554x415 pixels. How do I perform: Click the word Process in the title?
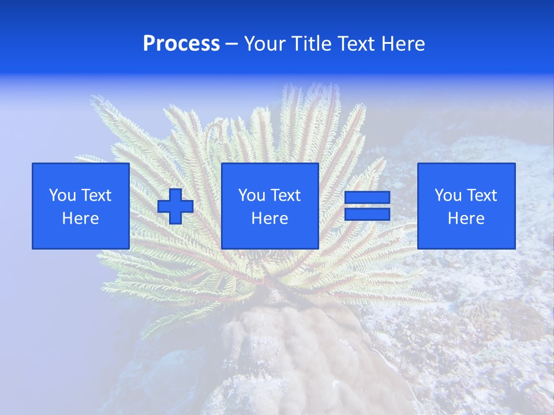(x=181, y=44)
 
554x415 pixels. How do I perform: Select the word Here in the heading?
(x=403, y=44)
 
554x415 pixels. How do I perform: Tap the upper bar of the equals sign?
(x=367, y=198)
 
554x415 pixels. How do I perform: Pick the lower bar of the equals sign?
(x=367, y=214)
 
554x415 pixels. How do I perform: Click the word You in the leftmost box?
(x=63, y=195)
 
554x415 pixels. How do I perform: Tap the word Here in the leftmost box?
(x=80, y=218)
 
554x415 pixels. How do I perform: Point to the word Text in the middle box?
(x=286, y=195)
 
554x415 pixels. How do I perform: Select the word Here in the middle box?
(x=269, y=218)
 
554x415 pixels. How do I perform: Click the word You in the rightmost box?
(x=448, y=195)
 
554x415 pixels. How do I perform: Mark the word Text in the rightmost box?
(x=482, y=195)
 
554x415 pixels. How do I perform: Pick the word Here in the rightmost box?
(x=466, y=218)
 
